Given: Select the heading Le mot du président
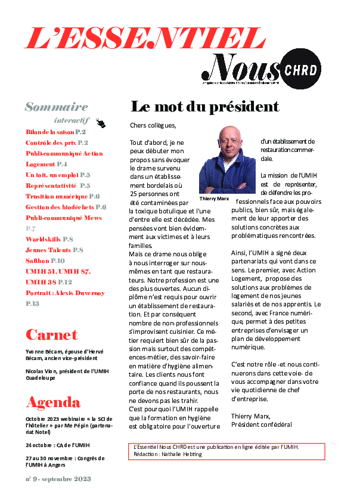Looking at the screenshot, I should (204, 107).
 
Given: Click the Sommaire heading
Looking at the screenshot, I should (56, 107).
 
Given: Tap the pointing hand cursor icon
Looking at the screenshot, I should (100, 123).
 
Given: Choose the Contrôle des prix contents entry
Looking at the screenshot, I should (57, 143).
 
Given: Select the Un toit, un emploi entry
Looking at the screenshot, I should (58, 175).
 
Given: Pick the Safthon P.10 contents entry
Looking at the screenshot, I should (45, 260).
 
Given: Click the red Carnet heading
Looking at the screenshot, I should (52, 334).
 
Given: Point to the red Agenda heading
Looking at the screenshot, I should (53, 401).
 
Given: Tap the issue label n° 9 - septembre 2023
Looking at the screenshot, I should (58, 479).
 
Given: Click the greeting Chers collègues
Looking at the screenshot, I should (153, 125).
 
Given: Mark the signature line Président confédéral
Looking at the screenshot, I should (261, 424).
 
